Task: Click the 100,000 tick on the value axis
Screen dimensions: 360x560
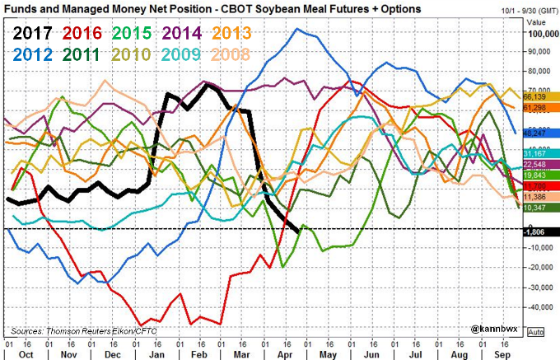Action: [x=540, y=34]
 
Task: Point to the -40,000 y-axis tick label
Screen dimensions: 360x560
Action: [x=540, y=307]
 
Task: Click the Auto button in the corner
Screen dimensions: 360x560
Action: [x=534, y=332]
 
